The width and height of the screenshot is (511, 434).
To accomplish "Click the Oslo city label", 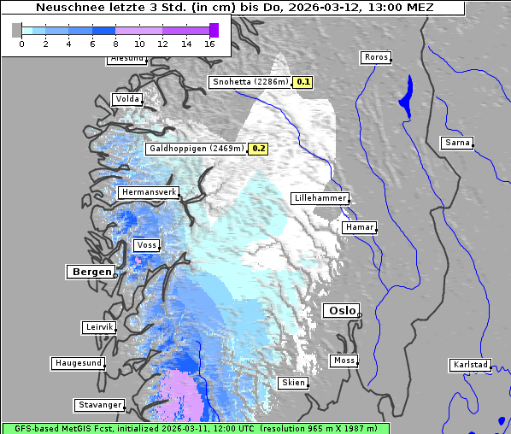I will pyautogui.click(x=341, y=311).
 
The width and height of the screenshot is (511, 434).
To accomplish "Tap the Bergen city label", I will pyautogui.click(x=90, y=272).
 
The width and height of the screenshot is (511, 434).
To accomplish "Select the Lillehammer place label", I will pyautogui.click(x=320, y=198).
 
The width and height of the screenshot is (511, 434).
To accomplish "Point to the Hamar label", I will pyautogui.click(x=358, y=227).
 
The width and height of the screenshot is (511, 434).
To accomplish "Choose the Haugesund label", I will pyautogui.click(x=78, y=363).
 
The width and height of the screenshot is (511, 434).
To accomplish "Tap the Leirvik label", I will pyautogui.click(x=98, y=327).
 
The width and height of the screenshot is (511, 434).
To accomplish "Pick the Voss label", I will pyautogui.click(x=146, y=245).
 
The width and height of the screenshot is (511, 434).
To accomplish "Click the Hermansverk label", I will pyautogui.click(x=149, y=193).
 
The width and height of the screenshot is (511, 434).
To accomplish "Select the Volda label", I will pyautogui.click(x=126, y=99).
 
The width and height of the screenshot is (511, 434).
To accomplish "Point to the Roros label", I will pyautogui.click(x=375, y=57).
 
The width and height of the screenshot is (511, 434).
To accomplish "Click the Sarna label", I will pyautogui.click(x=457, y=143).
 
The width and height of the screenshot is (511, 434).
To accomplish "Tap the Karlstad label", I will pyautogui.click(x=470, y=365).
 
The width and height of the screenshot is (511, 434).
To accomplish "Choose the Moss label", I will pyautogui.click(x=344, y=361).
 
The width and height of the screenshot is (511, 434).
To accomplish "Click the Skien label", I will pyautogui.click(x=292, y=383).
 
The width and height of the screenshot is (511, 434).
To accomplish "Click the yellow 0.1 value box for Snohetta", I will pyautogui.click(x=303, y=83).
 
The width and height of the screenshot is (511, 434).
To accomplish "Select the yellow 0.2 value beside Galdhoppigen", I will pyautogui.click(x=258, y=149).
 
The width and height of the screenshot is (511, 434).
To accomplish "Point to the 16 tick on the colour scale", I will pyautogui.click(x=209, y=44).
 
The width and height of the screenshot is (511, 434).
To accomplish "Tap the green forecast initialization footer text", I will pyautogui.click(x=195, y=428).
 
